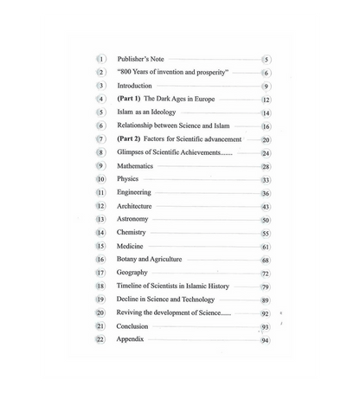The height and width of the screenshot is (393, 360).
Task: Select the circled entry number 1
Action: [101, 59]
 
